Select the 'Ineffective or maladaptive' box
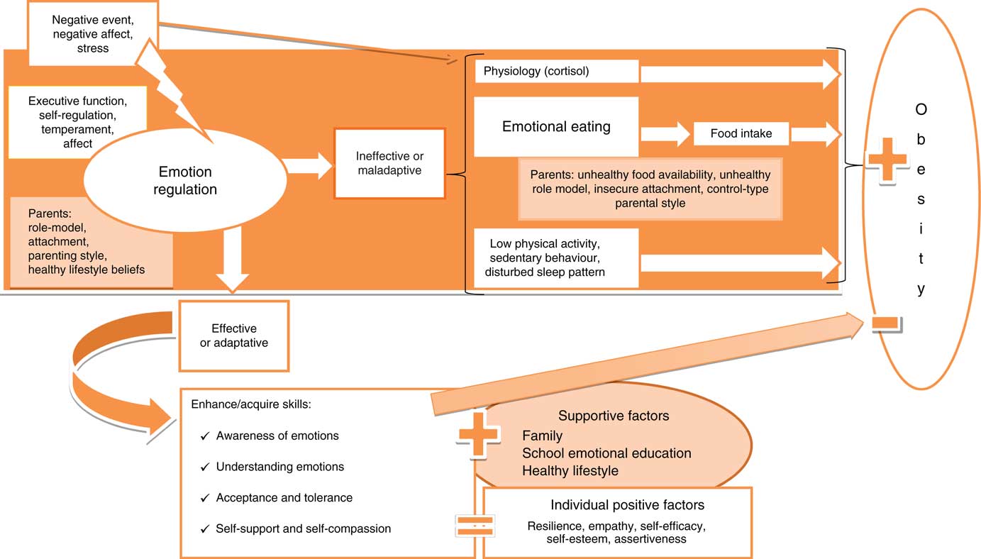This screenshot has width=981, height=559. click(390, 163)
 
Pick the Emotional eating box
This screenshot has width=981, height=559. click(556, 127)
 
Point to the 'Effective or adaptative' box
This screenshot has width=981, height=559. click(234, 336)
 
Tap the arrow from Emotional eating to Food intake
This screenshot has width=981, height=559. click(664, 133)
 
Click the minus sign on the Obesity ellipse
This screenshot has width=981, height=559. click(886, 323)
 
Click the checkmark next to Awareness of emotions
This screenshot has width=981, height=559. click(205, 436)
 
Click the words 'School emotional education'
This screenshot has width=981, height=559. click(606, 453)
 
